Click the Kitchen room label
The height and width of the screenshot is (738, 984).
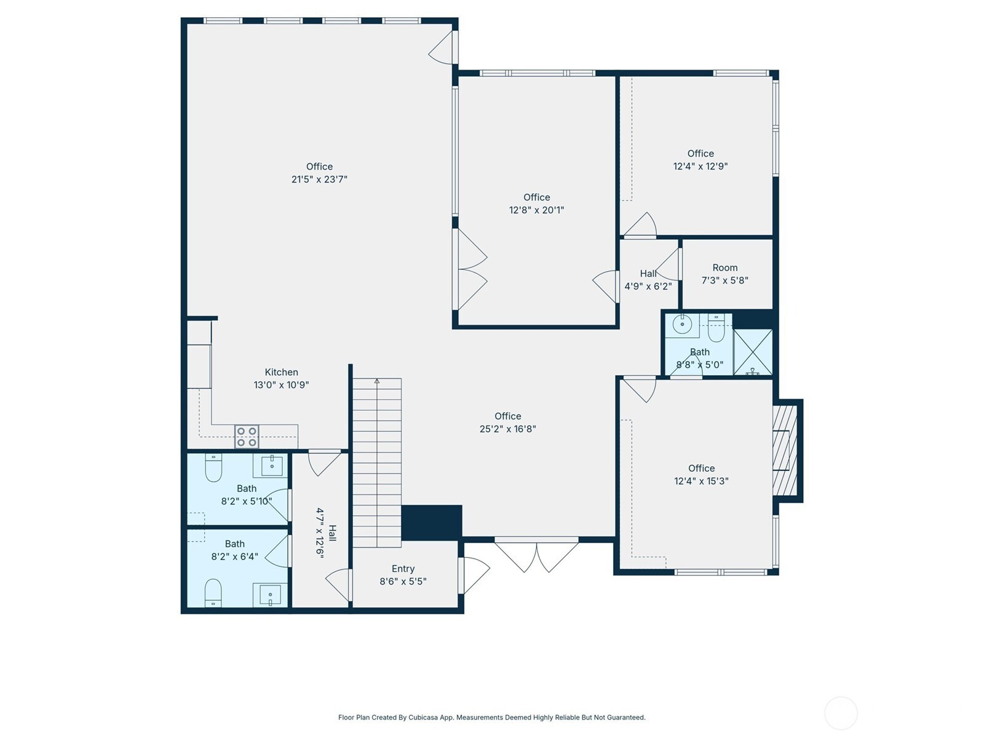point(281,372)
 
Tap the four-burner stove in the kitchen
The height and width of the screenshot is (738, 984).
point(247,437)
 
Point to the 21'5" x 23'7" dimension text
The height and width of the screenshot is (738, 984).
point(319,179)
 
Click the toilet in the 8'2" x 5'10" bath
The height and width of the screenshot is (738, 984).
point(213,467)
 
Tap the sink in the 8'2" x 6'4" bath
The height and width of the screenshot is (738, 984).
point(270,594)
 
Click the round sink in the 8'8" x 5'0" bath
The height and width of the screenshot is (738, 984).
point(682,324)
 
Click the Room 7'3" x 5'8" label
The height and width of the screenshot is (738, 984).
point(724,274)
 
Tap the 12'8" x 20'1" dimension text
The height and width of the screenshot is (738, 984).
point(536,210)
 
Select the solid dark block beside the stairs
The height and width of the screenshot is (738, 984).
point(431,523)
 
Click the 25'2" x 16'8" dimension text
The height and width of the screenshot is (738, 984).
point(507,429)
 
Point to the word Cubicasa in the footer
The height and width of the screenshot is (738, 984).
point(423,717)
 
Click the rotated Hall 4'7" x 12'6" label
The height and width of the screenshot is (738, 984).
point(326,533)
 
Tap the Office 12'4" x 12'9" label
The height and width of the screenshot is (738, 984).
point(700,159)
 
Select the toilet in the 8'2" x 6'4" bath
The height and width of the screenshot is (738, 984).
point(213,592)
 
